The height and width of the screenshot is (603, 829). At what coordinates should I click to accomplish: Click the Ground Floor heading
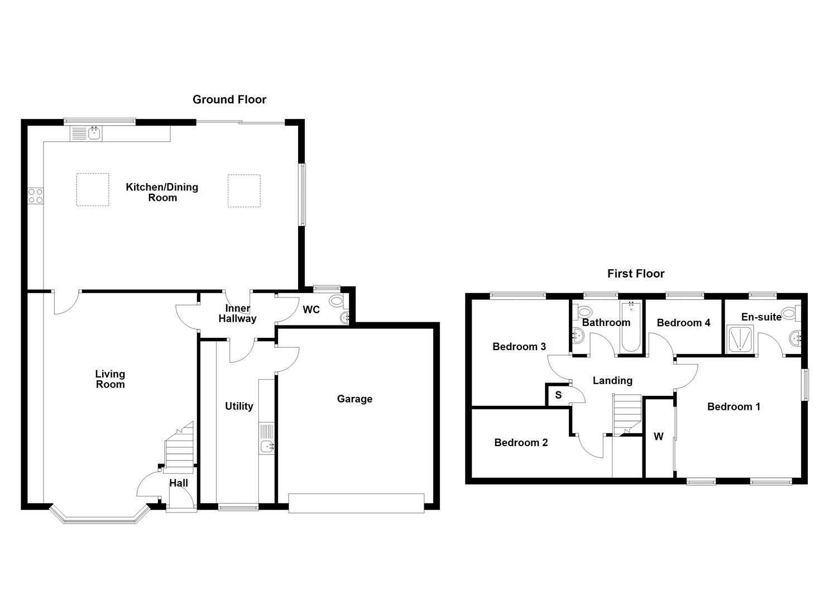click(229, 99)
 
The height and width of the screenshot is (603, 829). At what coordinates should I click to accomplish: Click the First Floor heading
click(636, 274)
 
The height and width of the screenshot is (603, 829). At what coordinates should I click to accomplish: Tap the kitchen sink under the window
click(94, 133)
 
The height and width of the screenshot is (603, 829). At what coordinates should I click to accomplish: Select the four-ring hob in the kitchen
click(36, 195)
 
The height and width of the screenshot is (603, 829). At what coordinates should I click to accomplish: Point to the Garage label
click(354, 399)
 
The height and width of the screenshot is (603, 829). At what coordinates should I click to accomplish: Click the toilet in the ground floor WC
click(337, 301)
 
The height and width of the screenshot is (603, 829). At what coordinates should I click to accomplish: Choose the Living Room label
click(110, 379)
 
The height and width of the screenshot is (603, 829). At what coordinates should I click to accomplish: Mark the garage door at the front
click(356, 502)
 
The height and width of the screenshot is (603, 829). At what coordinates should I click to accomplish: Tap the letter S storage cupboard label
click(558, 395)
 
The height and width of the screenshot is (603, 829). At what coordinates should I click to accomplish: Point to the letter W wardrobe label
click(659, 437)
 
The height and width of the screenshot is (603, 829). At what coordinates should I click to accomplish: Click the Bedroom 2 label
click(521, 443)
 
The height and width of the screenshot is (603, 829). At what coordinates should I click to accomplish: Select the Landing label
click(612, 381)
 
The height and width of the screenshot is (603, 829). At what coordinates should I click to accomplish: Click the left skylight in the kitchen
click(92, 190)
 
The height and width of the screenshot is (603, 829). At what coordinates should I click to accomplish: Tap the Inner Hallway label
click(237, 314)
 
